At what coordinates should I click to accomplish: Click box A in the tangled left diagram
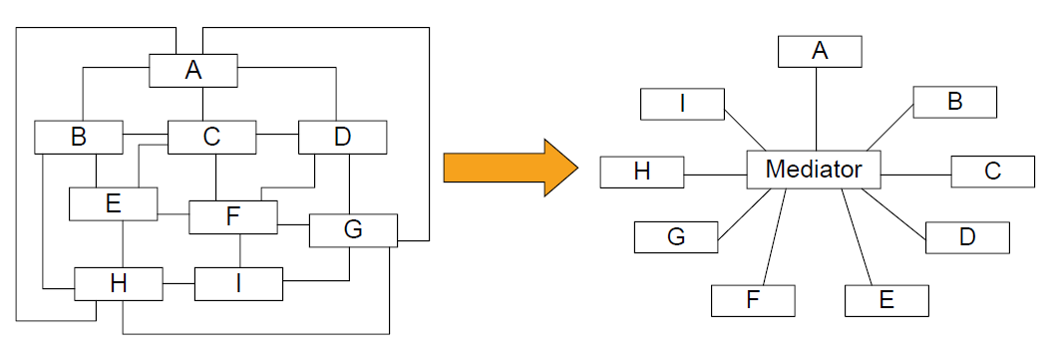point(193,71)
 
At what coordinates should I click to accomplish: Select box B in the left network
point(78,138)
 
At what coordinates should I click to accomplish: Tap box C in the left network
point(211,138)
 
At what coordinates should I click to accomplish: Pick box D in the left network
point(342,138)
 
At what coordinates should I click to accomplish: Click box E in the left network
point(113,203)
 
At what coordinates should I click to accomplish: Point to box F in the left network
point(233,217)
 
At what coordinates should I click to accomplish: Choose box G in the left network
point(353,230)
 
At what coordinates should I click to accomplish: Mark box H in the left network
point(119,284)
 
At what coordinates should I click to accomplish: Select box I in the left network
point(238,284)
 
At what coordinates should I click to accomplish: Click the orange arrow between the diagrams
point(511,168)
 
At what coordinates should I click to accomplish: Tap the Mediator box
point(814,170)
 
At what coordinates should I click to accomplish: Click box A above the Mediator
point(820,51)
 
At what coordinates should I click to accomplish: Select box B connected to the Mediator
point(955,102)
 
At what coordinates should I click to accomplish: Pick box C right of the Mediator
point(993,172)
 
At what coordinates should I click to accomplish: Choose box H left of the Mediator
point(642,172)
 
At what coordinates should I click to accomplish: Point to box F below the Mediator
point(753,300)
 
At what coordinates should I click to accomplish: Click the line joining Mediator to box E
point(857,237)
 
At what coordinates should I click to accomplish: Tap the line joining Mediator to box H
point(715,175)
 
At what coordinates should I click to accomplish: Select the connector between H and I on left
point(178,284)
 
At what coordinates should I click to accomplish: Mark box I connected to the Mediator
point(682,105)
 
